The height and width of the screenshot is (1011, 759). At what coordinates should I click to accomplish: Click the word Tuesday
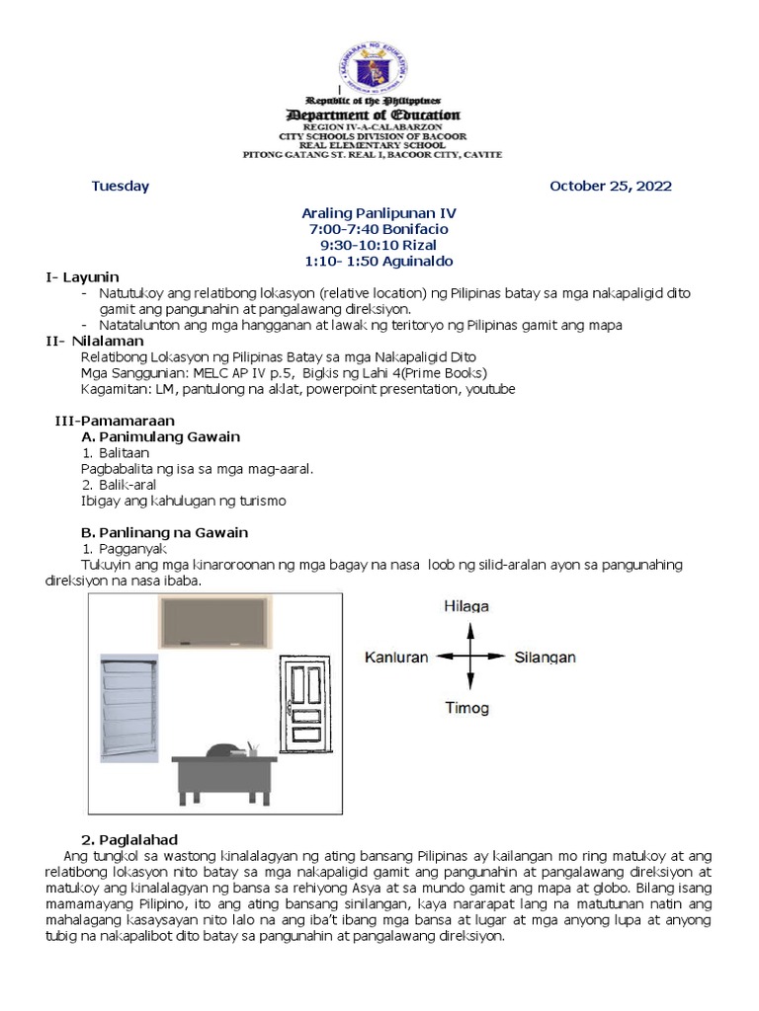(120, 186)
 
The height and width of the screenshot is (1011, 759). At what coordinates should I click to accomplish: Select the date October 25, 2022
(610, 186)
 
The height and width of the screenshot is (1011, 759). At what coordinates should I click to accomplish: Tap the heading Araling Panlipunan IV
(379, 213)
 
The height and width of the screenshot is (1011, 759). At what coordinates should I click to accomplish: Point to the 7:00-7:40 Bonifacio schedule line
(379, 229)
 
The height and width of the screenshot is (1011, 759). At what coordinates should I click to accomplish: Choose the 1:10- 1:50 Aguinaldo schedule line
(379, 261)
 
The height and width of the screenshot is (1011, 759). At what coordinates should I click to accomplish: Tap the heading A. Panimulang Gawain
(160, 436)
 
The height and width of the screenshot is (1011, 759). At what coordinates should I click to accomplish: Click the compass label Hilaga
(469, 605)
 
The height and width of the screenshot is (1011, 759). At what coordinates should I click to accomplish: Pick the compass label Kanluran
(395, 657)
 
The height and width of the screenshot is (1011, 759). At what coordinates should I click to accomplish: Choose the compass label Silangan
(545, 657)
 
